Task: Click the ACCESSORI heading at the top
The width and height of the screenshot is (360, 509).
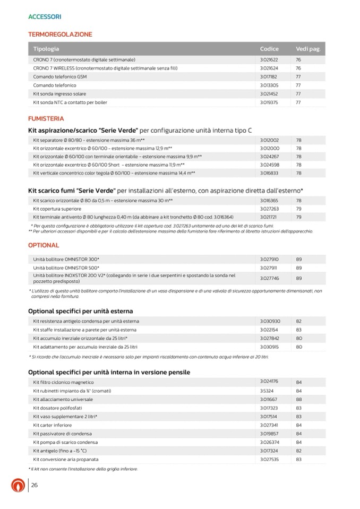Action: [x=45, y=17]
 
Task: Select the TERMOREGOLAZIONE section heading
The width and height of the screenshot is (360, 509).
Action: [x=60, y=34]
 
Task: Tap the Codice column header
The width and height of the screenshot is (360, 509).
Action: [x=269, y=49]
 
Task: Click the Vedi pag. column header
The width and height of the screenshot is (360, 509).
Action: [x=308, y=49]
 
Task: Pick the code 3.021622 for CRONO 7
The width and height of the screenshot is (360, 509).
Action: [x=269, y=60]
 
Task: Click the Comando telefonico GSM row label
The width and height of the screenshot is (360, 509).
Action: [x=60, y=77]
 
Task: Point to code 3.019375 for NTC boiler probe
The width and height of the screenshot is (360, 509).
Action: [x=269, y=102]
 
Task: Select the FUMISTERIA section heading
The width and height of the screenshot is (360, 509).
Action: [x=46, y=119]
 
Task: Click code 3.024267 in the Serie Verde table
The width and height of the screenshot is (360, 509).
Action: [x=269, y=157]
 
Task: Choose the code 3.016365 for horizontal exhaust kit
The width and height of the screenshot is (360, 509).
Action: [x=269, y=201]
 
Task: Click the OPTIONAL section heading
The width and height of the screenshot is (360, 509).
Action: [x=44, y=246]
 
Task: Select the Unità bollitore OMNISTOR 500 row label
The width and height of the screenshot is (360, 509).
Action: [x=66, y=268]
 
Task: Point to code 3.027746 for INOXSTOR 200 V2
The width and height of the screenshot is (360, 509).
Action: [x=269, y=278]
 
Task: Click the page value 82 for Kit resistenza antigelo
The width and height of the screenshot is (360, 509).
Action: [x=299, y=321]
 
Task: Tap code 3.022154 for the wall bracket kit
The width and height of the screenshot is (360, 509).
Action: [x=269, y=330]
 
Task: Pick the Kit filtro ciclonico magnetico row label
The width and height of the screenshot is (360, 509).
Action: [x=63, y=382]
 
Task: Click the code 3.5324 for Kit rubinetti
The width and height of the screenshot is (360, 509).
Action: [x=267, y=391]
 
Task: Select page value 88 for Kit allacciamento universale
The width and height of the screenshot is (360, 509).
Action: [x=299, y=399]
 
